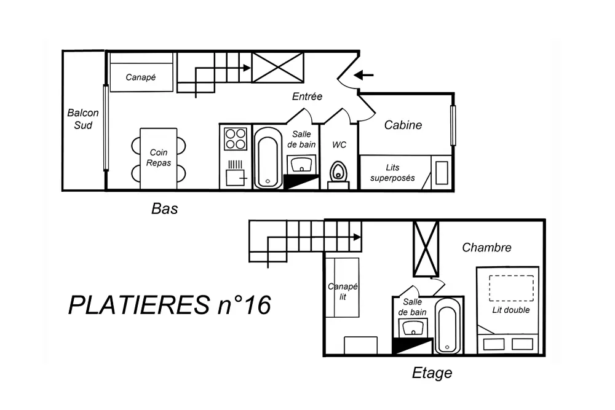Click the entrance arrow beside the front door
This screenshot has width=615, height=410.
(x=363, y=74)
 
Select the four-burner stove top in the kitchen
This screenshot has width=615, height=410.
(x=236, y=139)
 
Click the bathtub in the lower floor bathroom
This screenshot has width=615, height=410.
(x=268, y=158)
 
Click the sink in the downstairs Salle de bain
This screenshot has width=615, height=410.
(x=301, y=164)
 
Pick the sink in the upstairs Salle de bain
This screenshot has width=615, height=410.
(x=413, y=328)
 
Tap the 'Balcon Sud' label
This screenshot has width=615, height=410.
(x=83, y=119)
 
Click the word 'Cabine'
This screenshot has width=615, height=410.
(x=403, y=125)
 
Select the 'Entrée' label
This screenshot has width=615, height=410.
(x=307, y=96)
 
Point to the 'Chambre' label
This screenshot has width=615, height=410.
(x=486, y=247)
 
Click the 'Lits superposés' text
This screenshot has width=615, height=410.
(x=392, y=173)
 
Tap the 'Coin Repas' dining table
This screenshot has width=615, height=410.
(x=159, y=159)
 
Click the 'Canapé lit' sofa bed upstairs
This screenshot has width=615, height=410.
(x=343, y=287)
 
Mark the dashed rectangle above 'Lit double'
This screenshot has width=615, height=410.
(x=511, y=288)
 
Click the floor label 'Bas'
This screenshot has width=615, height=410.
(x=164, y=209)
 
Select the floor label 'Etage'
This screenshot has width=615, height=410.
(x=432, y=373)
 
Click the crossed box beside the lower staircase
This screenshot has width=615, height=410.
(x=278, y=68)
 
